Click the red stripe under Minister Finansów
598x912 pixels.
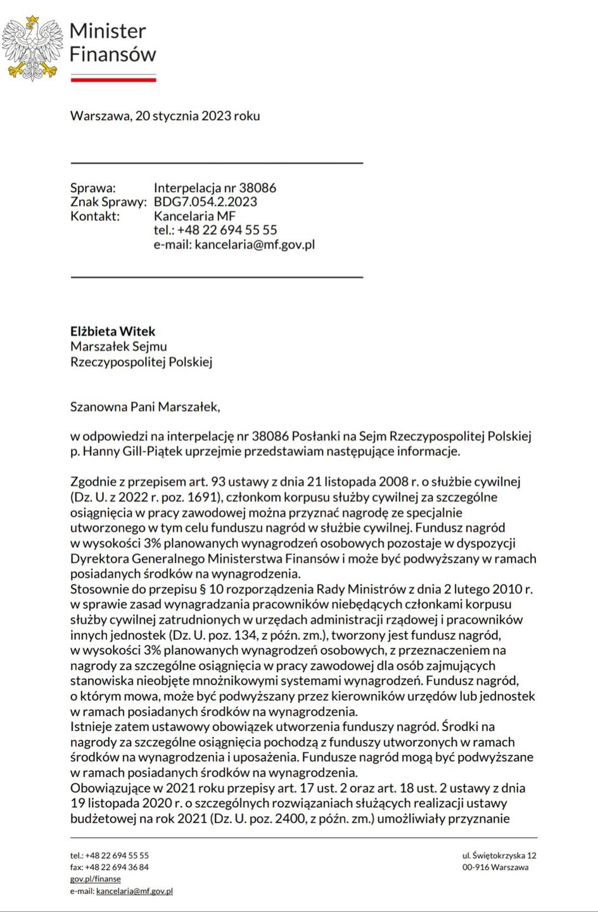[113, 80]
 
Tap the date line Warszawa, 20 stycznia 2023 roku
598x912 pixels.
[165, 116]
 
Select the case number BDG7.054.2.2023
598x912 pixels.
[205, 202]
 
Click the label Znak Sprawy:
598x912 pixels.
[108, 202]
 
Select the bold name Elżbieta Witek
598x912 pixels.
[113, 331]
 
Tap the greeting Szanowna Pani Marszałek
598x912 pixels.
[145, 407]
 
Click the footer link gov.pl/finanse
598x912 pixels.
[95, 879]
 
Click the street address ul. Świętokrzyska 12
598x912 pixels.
[499, 856]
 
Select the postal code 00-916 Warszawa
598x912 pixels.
[495, 867]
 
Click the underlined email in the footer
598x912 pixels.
[134, 891]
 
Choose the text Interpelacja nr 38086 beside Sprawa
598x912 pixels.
[215, 188]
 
